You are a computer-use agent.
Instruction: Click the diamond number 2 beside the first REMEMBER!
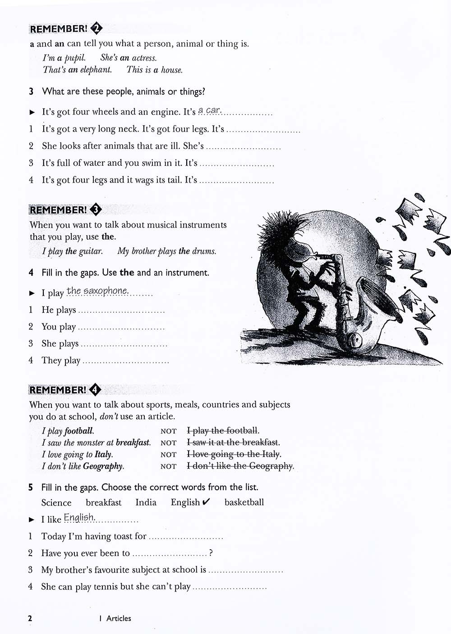(97, 28)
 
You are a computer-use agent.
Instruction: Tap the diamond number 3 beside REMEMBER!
(96, 210)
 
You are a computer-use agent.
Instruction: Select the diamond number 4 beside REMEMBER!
(95, 390)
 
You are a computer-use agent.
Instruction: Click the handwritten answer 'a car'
(209, 110)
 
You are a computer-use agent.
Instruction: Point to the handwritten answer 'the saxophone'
(97, 291)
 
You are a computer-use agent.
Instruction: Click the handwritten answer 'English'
(79, 517)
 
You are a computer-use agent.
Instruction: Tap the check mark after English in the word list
(206, 502)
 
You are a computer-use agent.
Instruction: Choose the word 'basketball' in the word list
(244, 502)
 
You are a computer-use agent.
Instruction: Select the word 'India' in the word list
(146, 502)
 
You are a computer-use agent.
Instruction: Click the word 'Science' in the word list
(56, 503)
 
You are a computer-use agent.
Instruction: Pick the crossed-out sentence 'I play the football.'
(223, 431)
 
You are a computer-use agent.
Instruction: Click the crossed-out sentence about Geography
(240, 466)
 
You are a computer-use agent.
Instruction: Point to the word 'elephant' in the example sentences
(96, 70)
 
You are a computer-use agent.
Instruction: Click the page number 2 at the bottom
(30, 618)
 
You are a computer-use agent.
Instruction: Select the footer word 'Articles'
(119, 618)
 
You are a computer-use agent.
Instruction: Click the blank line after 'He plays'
(121, 311)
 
